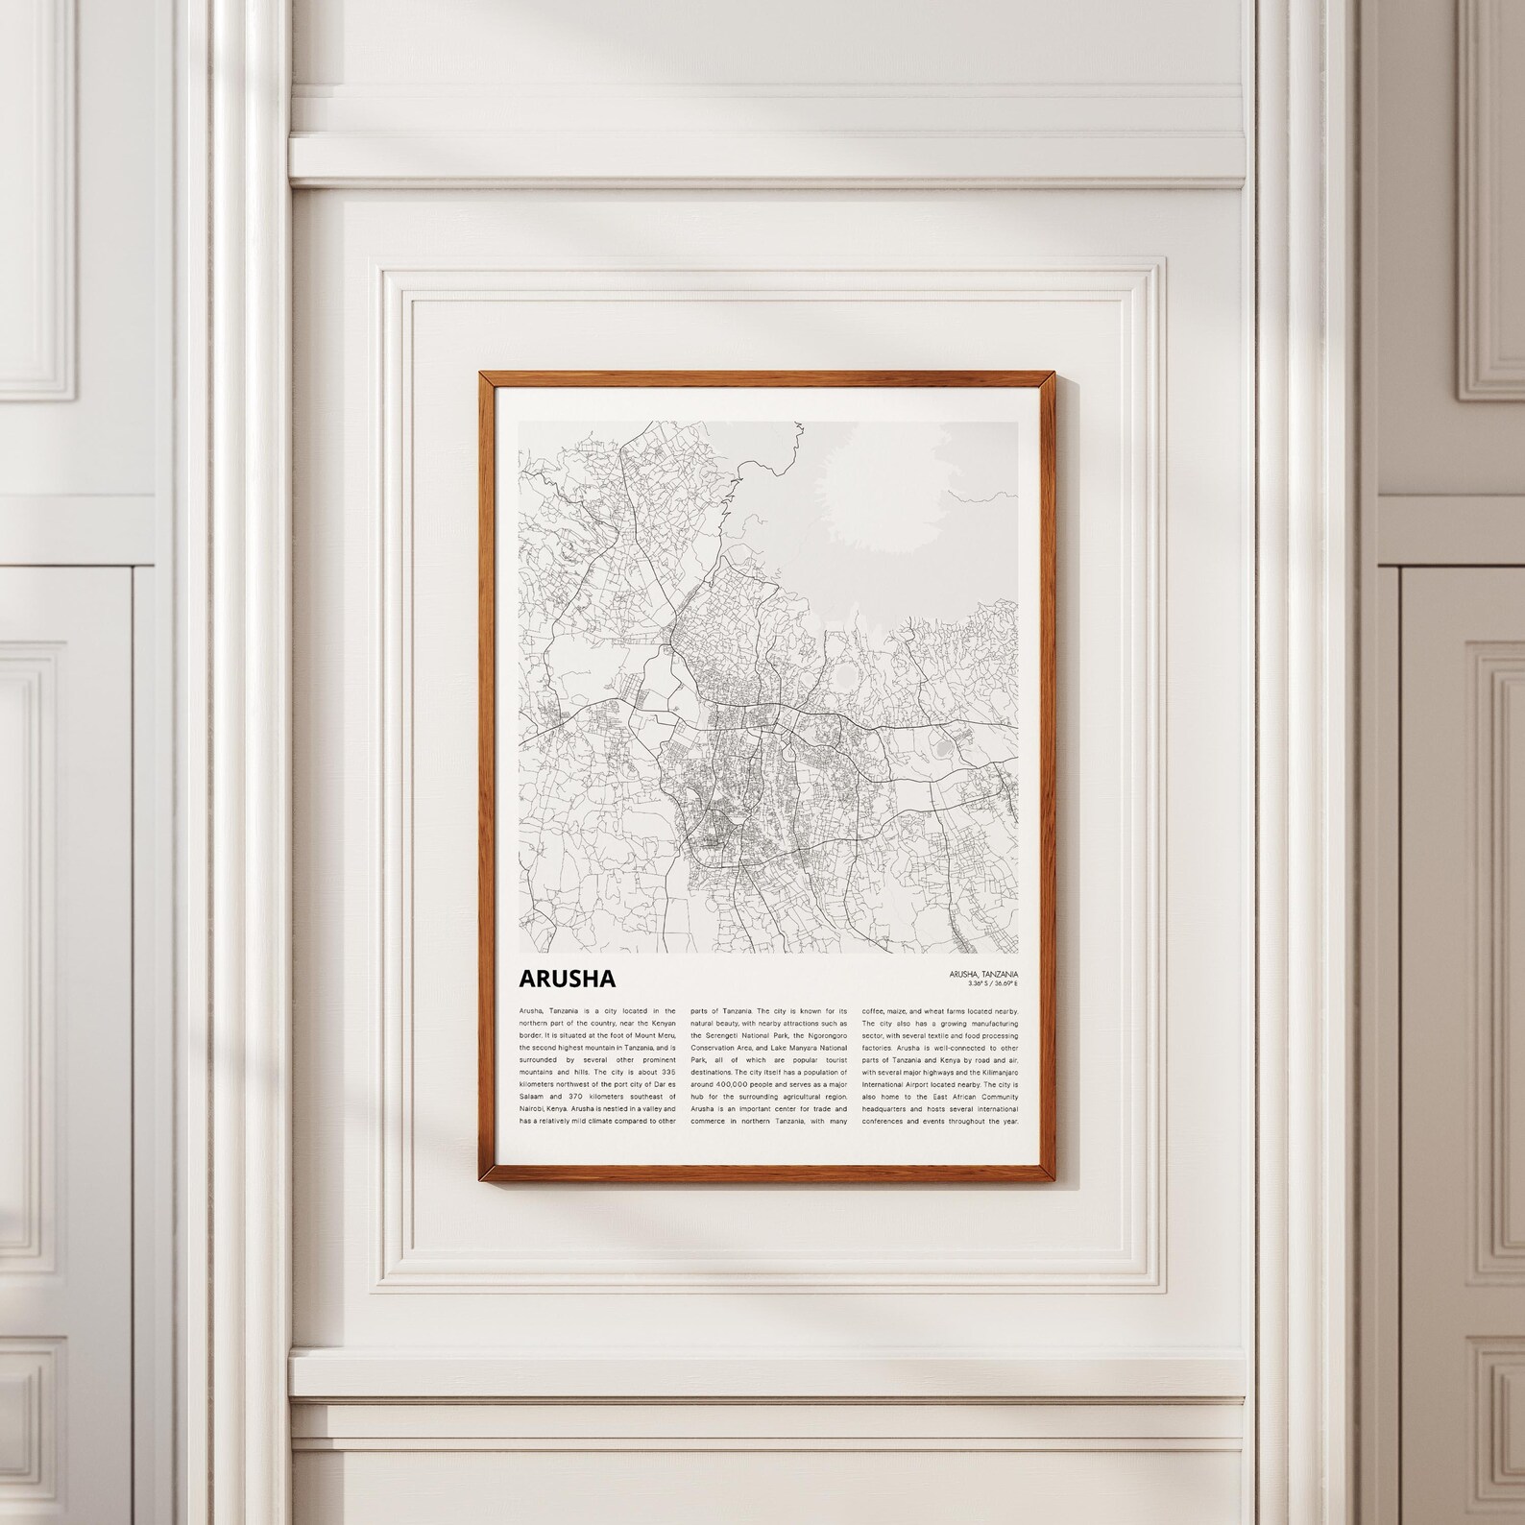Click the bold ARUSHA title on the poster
coord(567,978)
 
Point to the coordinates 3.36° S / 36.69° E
coord(985,983)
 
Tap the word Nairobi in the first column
coord(531,1108)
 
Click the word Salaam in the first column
coord(532,1096)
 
